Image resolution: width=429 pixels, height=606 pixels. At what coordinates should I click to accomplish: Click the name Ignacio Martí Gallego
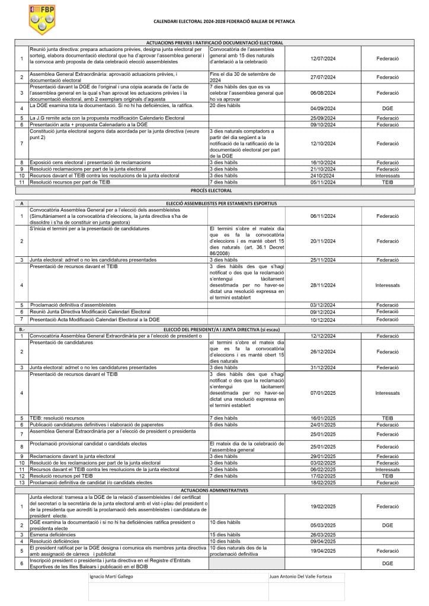tap(111, 576)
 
